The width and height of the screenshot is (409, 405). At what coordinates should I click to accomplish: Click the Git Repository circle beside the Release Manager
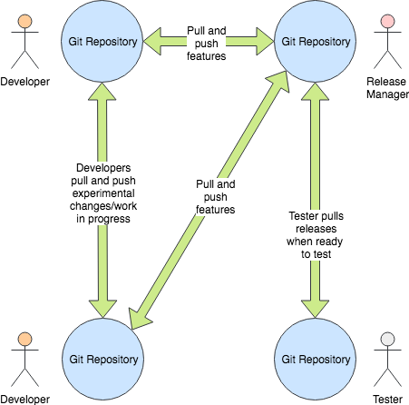coord(314,41)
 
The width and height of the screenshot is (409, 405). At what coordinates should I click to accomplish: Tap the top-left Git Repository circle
coord(102,41)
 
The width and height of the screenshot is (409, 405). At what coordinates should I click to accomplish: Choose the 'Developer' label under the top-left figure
coord(25,82)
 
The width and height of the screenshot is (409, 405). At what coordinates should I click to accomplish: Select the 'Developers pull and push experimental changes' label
coord(102,193)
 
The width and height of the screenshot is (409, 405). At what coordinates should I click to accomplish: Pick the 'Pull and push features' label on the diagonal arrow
coord(215,196)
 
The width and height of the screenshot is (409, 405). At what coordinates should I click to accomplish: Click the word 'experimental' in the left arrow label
coord(102,193)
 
